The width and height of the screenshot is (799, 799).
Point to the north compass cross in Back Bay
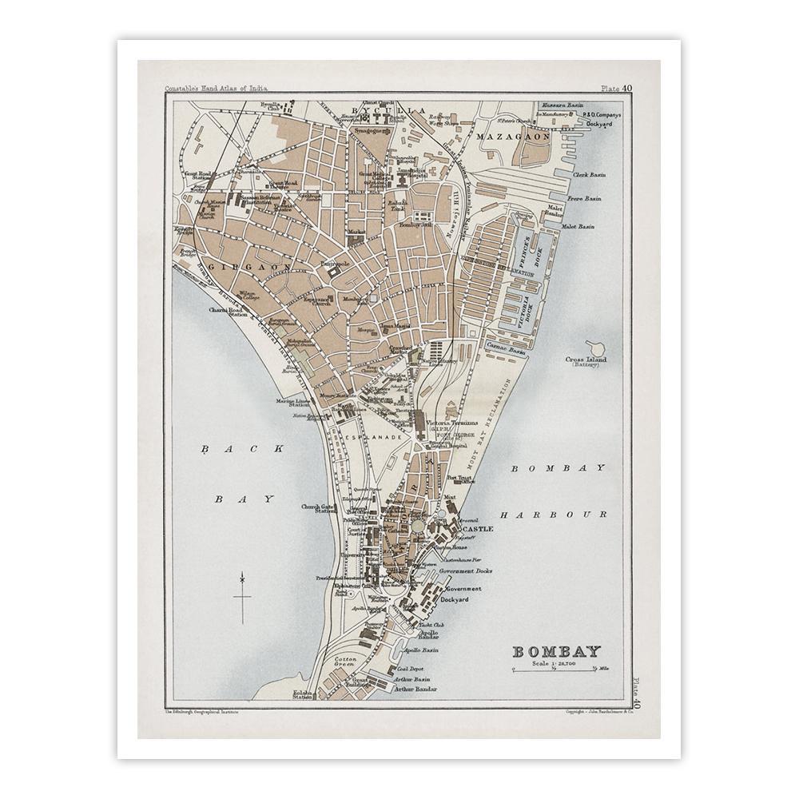(x=242, y=595)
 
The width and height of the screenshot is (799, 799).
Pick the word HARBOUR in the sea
(x=559, y=515)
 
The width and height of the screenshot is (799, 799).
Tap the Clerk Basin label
(x=590, y=174)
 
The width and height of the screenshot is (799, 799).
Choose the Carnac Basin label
(x=514, y=349)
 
